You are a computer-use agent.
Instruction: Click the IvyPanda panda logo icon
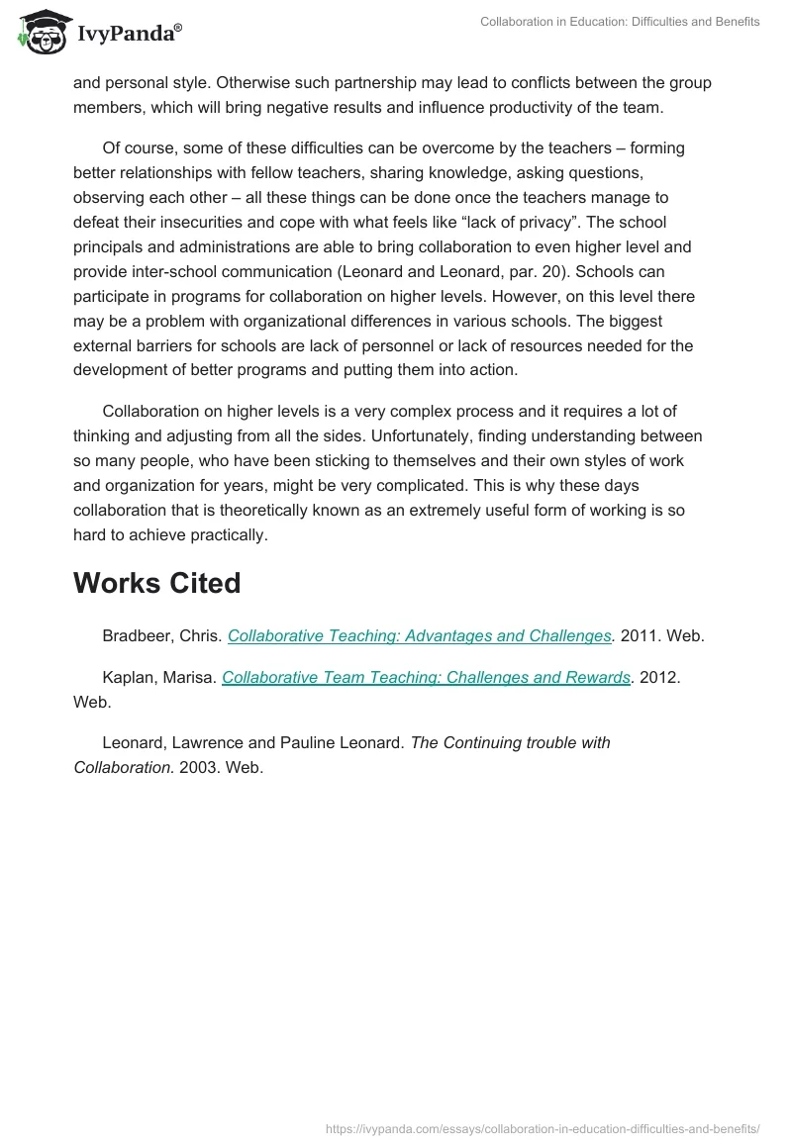[x=41, y=31]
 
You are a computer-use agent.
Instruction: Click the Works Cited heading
[x=156, y=583]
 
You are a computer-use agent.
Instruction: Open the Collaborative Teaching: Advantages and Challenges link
[x=420, y=636]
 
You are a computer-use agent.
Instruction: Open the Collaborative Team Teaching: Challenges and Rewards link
[x=426, y=678]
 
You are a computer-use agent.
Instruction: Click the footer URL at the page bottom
[x=543, y=1127]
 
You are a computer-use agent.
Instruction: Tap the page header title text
[x=620, y=22]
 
